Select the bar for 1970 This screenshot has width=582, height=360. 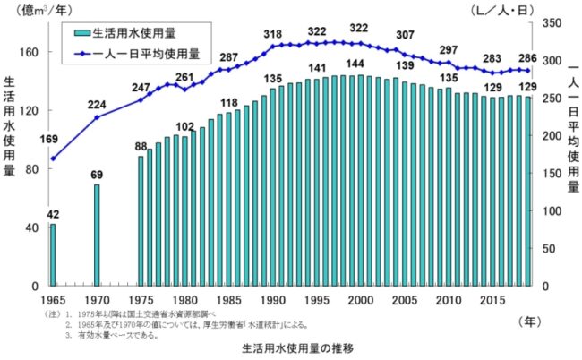[x=97, y=235]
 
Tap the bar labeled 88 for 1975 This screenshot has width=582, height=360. [x=141, y=221]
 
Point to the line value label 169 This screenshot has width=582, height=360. [x=49, y=139]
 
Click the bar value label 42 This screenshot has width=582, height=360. [x=53, y=214]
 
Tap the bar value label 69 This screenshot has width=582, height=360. [x=97, y=175]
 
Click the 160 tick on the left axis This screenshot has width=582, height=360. [x=30, y=53]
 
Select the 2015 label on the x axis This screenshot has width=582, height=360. [x=491, y=300]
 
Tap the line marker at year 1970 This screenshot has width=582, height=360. [x=97, y=117]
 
